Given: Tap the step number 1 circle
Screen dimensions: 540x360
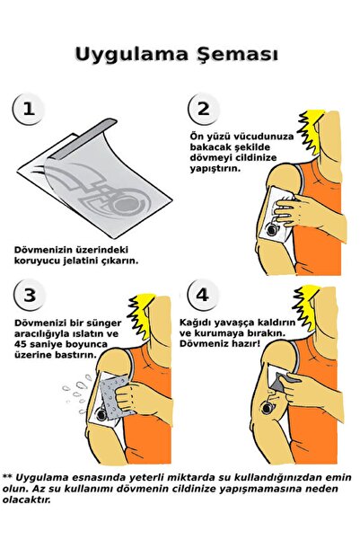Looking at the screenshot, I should (x=29, y=110).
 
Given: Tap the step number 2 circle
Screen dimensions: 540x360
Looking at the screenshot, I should (x=203, y=110).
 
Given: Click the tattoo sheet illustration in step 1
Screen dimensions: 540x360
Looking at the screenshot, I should (x=99, y=184).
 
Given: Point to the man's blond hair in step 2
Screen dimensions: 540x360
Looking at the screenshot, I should (x=315, y=126).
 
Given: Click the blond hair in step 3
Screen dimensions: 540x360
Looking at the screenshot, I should (x=144, y=310).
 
